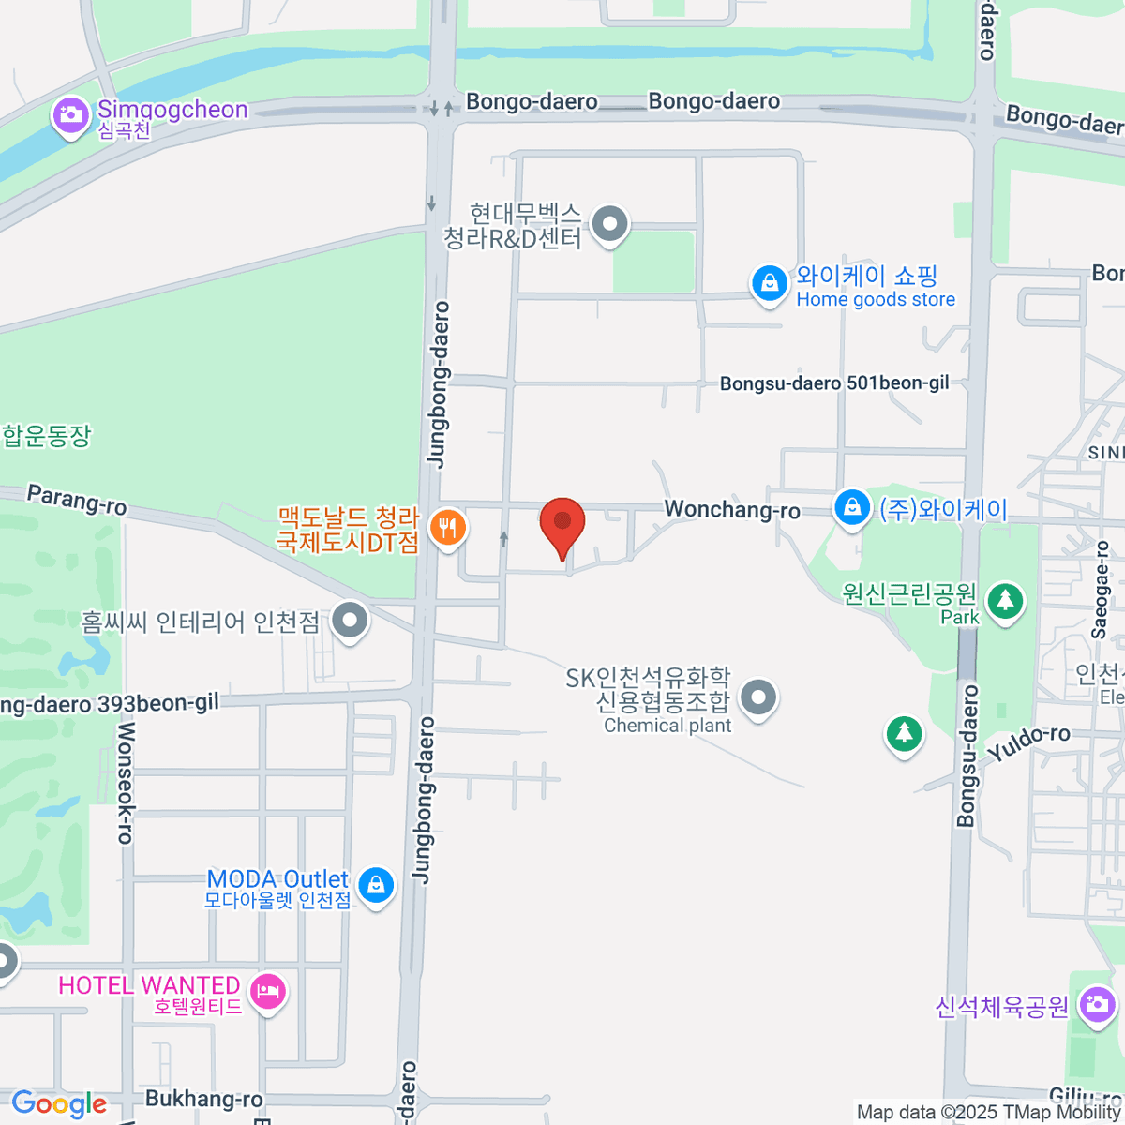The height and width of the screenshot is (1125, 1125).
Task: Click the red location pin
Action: pyautogui.click(x=562, y=523)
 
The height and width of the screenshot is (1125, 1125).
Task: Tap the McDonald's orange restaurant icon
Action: pyautogui.click(x=448, y=528)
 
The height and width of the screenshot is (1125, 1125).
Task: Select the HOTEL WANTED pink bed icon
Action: pyautogui.click(x=268, y=991)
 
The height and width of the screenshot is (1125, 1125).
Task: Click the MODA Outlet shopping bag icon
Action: pyautogui.click(x=376, y=884)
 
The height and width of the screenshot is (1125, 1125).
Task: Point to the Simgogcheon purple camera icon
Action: pyautogui.click(x=69, y=116)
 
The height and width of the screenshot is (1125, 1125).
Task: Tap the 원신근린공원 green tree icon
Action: pyautogui.click(x=1005, y=600)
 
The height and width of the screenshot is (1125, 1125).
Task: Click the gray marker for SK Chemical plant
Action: pyautogui.click(x=758, y=697)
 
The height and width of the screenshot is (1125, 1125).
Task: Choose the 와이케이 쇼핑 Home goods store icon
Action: pyautogui.click(x=769, y=282)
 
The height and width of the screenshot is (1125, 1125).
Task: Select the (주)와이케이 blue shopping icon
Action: pyautogui.click(x=851, y=507)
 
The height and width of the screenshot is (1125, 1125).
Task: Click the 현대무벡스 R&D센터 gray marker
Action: pyautogui.click(x=611, y=224)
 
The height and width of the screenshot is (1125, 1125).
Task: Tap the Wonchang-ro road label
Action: pyautogui.click(x=732, y=510)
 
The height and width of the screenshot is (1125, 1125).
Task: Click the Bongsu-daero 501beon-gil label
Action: pyautogui.click(x=834, y=382)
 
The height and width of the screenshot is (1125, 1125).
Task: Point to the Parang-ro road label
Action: pyautogui.click(x=77, y=500)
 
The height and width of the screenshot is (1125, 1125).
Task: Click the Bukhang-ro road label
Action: pyautogui.click(x=203, y=1099)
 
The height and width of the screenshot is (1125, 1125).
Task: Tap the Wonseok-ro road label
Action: pyautogui.click(x=126, y=783)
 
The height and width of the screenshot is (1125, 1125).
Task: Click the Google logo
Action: pyautogui.click(x=59, y=1103)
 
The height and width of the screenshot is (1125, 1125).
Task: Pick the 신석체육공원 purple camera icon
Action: pyautogui.click(x=1095, y=1006)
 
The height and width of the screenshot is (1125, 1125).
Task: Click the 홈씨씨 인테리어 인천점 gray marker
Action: pyautogui.click(x=351, y=620)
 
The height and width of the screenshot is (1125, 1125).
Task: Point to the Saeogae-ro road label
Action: pyautogui.click(x=1102, y=591)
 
